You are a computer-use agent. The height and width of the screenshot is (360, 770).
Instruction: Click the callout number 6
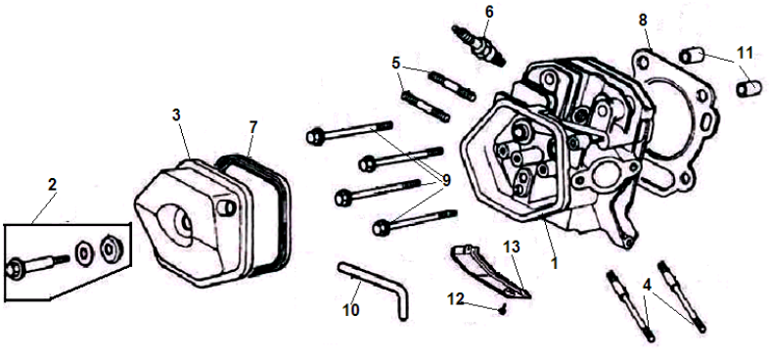[x=489, y=12]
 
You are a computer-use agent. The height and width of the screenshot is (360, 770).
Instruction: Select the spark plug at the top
[x=478, y=46]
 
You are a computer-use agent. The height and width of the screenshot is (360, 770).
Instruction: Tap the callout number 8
[x=643, y=21]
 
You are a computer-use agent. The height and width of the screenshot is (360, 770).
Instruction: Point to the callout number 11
[x=745, y=53]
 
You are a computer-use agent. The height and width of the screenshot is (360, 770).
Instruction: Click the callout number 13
[x=511, y=247]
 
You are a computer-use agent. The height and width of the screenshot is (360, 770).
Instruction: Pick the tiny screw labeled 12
[x=501, y=309]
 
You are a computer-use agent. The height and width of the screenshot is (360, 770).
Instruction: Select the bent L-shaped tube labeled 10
[x=375, y=290]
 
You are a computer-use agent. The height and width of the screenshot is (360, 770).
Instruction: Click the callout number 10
[x=350, y=310]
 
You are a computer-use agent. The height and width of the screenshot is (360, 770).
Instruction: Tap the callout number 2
[x=52, y=185]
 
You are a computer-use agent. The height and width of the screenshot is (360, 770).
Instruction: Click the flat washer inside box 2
[x=83, y=253]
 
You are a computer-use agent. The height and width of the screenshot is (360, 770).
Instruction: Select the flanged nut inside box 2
[x=110, y=249]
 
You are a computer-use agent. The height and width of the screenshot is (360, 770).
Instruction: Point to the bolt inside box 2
[x=37, y=265]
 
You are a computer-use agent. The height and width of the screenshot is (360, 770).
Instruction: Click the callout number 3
[x=176, y=114]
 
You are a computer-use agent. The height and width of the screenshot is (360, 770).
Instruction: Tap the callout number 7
[x=252, y=127]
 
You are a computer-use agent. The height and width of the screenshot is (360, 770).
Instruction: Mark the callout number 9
[x=446, y=181]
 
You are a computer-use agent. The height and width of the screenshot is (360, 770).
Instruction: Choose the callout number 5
[x=396, y=63]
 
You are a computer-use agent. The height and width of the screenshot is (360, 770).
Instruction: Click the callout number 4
[x=648, y=285]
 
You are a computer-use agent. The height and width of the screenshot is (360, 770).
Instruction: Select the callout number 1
[x=555, y=263]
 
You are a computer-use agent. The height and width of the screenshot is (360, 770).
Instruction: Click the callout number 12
[x=456, y=299]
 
